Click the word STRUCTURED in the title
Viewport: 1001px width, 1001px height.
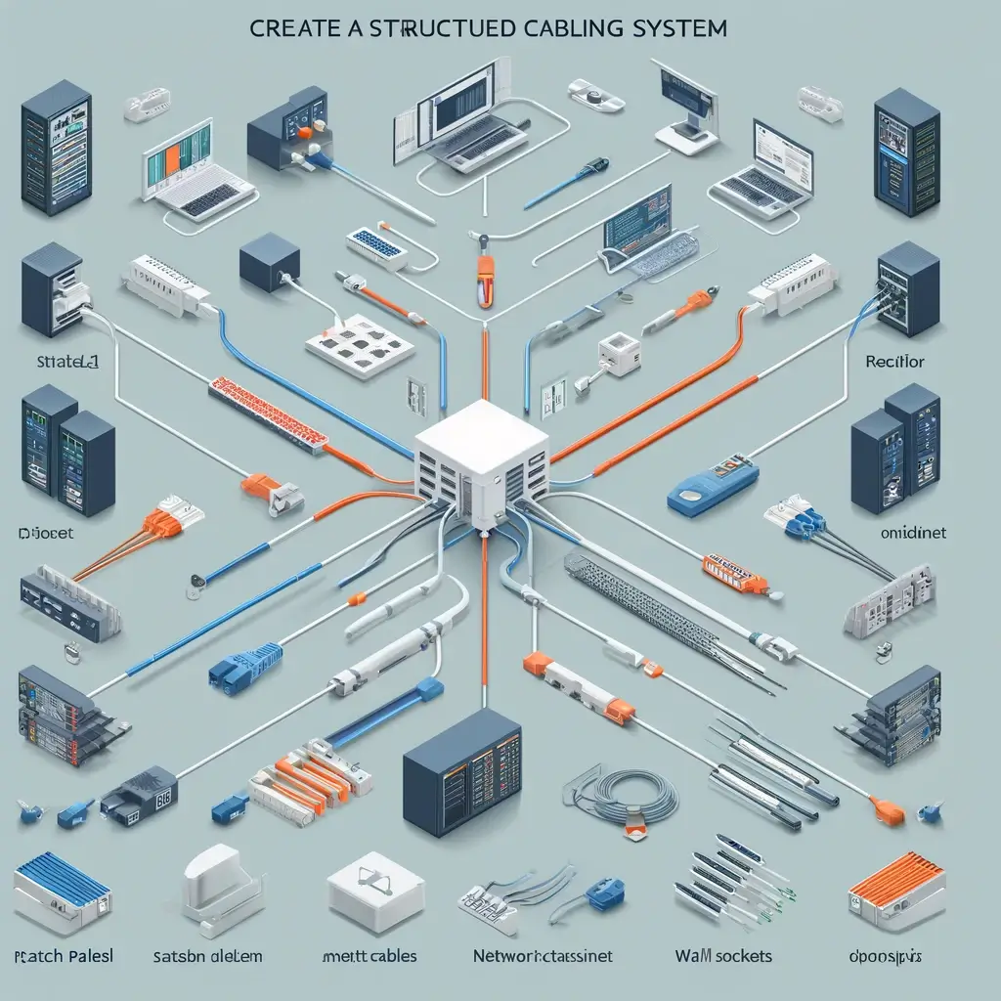tap(431, 27)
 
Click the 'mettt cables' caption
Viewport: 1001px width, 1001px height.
tap(370, 955)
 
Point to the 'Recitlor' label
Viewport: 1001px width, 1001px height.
tap(894, 362)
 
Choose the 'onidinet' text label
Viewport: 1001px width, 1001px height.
tap(906, 535)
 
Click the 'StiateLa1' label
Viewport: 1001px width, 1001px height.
tap(61, 362)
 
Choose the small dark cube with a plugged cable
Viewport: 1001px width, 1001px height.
tap(270, 261)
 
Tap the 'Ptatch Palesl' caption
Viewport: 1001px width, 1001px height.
tap(64, 955)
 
